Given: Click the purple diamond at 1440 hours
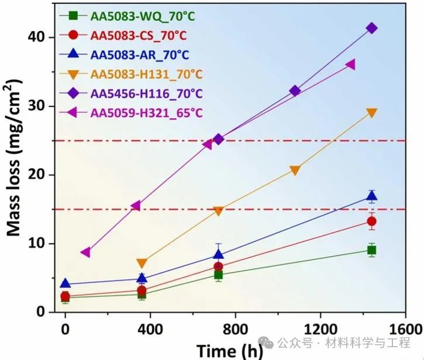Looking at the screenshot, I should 371,28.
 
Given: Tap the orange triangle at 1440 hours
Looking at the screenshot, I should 371,113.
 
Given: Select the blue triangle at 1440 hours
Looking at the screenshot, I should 371,196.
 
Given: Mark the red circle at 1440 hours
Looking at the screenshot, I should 371,221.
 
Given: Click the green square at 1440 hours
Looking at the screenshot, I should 371,250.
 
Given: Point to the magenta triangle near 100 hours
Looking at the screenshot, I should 86,252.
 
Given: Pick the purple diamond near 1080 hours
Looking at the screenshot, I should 295,91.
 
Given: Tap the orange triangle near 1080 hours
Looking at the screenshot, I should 295,170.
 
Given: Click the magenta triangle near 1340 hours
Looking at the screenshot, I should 350,64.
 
